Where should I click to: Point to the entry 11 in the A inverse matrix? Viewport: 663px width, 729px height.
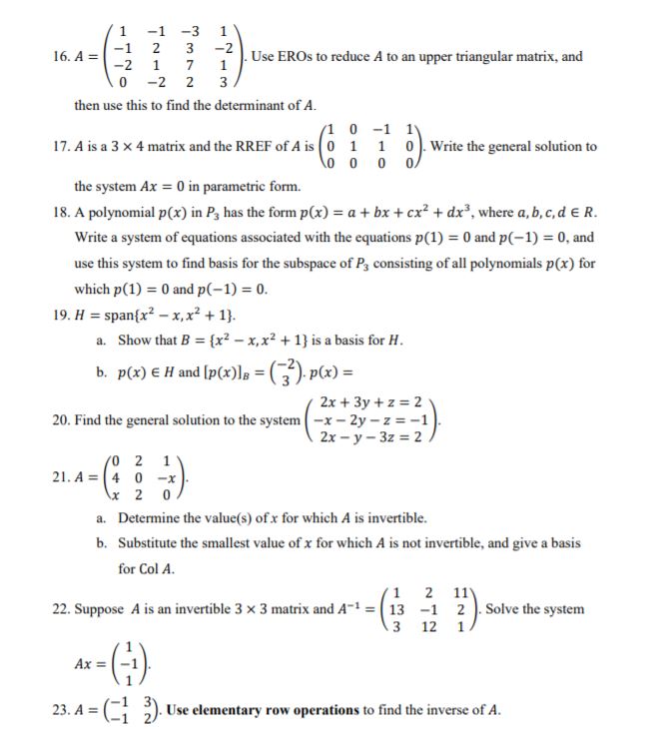click(458, 591)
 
